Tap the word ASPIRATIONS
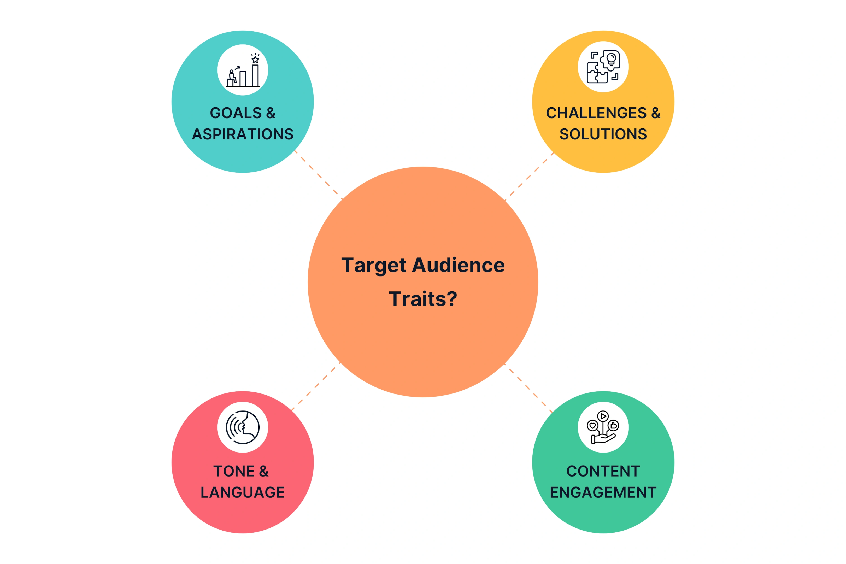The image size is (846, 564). [x=243, y=134]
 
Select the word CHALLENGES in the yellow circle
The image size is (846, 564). [x=596, y=113]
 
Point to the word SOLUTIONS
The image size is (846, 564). [x=603, y=134]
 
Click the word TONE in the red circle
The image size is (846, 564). [x=234, y=471]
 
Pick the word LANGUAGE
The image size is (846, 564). [x=242, y=492]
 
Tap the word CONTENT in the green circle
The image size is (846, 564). [x=603, y=471]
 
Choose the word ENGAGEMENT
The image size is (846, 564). [x=603, y=492]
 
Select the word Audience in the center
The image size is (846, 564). [x=458, y=266]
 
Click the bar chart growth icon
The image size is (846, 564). [x=243, y=70]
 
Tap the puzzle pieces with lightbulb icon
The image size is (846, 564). [x=603, y=67]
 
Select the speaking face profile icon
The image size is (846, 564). [x=243, y=427]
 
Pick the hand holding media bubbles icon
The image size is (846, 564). [x=603, y=427]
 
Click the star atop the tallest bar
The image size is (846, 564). [x=255, y=59]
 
